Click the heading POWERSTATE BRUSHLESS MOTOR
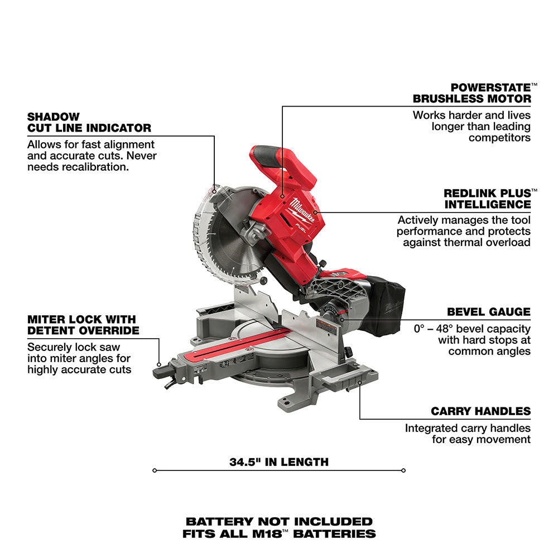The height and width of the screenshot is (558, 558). (x=472, y=93)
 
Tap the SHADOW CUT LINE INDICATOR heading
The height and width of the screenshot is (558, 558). (x=89, y=122)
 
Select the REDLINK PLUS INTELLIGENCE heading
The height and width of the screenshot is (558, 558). (x=487, y=199)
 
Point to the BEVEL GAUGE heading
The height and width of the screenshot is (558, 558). (x=488, y=312)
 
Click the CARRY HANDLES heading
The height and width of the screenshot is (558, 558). (x=480, y=411)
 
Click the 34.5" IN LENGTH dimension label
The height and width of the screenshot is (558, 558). (x=279, y=462)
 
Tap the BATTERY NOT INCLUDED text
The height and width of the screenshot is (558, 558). (x=279, y=522)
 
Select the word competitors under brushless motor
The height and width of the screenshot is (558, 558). (x=499, y=137)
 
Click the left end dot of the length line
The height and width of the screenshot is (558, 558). (x=154, y=470)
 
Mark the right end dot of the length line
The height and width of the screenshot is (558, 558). (x=403, y=470)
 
